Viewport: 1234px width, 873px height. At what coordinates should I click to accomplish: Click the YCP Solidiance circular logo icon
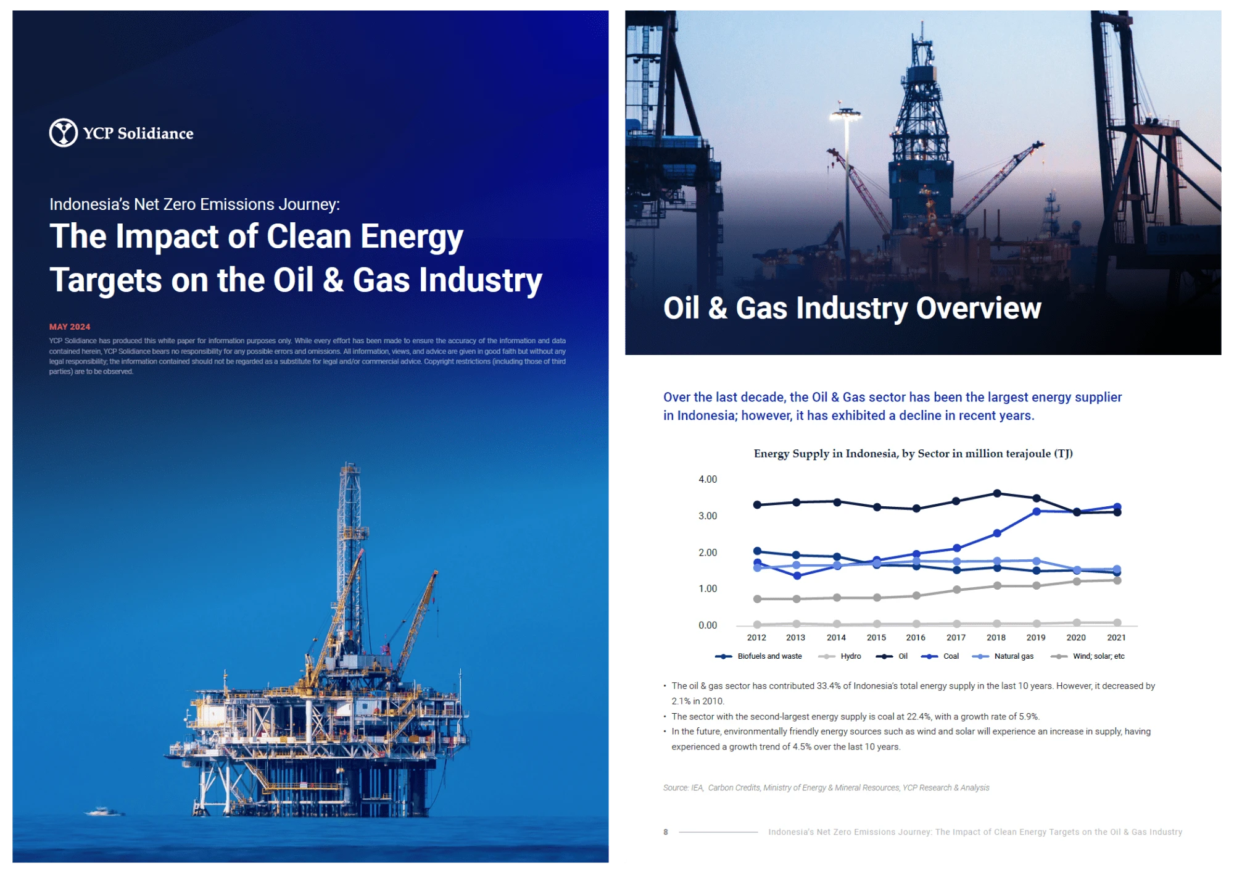click(x=63, y=133)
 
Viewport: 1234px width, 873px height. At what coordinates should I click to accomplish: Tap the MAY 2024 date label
click(x=70, y=327)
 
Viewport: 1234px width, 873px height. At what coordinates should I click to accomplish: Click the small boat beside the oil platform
click(x=103, y=811)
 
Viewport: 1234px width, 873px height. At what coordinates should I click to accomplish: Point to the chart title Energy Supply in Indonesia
click(x=913, y=454)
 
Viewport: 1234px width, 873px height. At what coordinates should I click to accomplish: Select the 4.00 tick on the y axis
click(x=708, y=479)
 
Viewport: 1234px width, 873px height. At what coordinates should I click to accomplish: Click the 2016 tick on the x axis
click(x=916, y=638)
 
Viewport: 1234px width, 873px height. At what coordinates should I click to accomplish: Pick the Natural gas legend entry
click(x=1003, y=656)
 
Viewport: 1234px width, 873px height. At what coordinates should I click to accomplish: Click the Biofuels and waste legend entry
click(x=758, y=656)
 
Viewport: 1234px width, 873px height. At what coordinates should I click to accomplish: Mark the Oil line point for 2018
click(x=997, y=493)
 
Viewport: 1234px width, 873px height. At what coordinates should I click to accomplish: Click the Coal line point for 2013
click(x=797, y=576)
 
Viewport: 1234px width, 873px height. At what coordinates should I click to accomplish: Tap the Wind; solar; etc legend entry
click(x=1088, y=656)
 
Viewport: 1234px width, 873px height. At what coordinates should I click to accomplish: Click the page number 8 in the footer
click(x=666, y=832)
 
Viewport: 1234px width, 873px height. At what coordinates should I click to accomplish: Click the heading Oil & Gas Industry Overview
click(x=852, y=308)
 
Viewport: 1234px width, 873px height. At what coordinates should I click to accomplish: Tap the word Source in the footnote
click(x=675, y=788)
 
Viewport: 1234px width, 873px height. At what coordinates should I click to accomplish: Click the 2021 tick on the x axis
click(x=1116, y=638)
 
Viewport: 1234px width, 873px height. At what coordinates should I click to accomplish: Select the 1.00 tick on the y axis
click(x=708, y=589)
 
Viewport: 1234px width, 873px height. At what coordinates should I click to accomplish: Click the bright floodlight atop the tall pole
click(x=845, y=113)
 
